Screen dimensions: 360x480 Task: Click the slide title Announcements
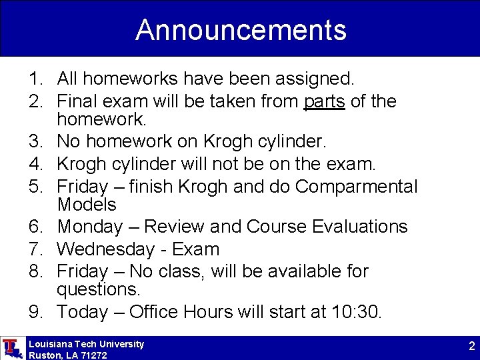coord(241,30)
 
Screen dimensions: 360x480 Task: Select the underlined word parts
coord(324,102)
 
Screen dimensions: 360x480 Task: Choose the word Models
coord(87,205)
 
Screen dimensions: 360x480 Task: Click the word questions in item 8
coord(99,289)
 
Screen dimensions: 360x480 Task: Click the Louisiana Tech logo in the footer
coord(11,348)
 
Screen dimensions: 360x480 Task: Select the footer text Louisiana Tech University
coord(86,344)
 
